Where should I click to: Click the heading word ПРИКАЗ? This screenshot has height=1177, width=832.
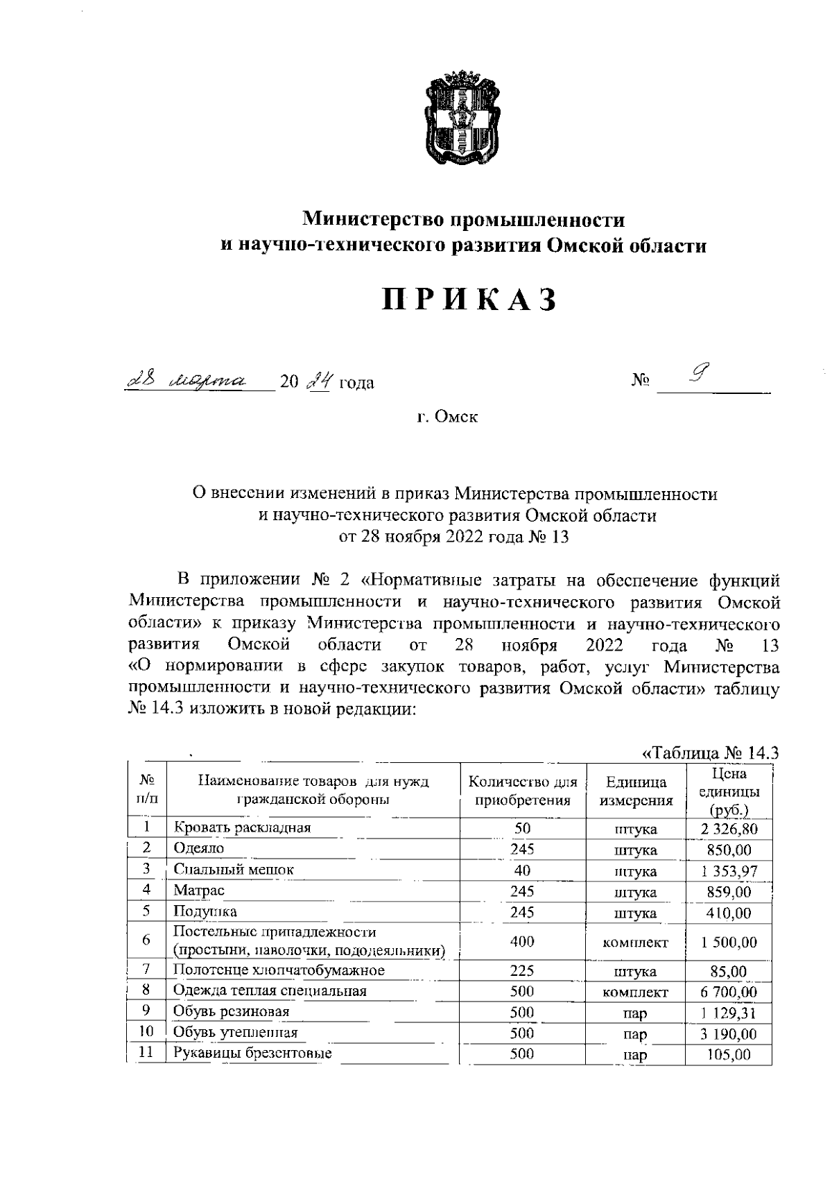(470, 299)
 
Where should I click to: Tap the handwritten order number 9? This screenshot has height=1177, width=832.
(700, 376)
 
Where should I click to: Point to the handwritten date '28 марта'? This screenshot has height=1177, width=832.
(187, 380)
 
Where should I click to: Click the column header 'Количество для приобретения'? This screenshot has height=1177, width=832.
(523, 791)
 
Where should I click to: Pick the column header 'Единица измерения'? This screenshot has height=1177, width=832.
(636, 791)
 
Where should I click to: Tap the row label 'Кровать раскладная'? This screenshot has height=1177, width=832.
(242, 827)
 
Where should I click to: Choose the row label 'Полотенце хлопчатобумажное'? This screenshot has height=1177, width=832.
(279, 970)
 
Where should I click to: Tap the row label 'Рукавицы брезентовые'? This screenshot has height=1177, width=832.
(252, 1054)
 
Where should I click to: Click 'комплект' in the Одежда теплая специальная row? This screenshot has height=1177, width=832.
(636, 993)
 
